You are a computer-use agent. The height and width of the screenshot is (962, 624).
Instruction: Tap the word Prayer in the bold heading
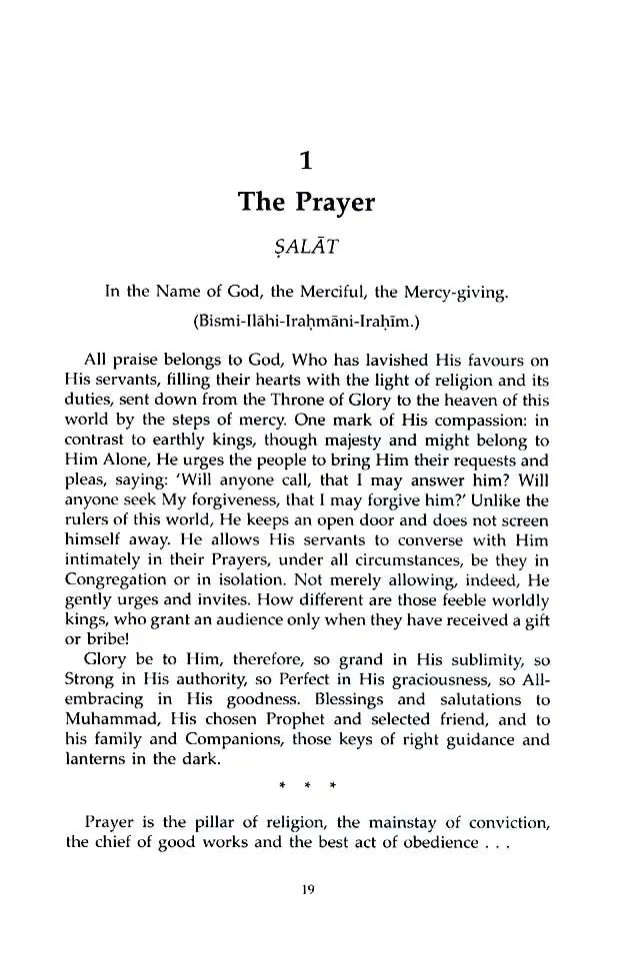336,203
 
